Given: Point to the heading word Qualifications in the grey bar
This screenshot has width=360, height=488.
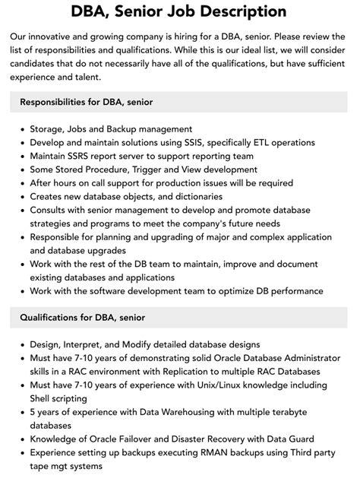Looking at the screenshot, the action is coord(54,317).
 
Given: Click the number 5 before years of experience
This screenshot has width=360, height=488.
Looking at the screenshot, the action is coord(33,412).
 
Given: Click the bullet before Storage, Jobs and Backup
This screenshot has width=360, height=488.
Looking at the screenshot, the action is coord(21,129).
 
